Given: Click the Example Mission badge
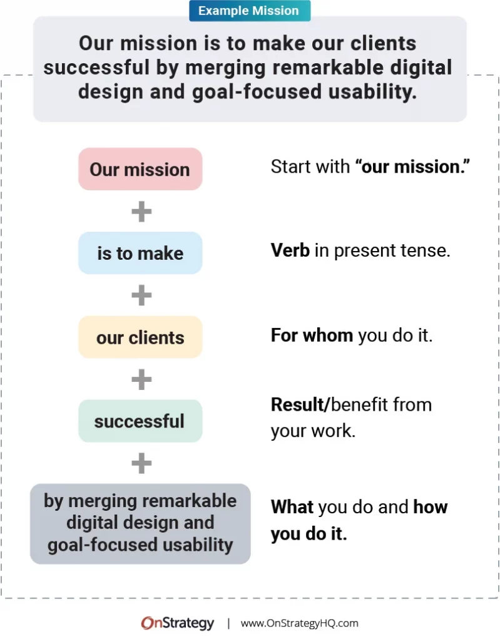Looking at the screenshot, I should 250,11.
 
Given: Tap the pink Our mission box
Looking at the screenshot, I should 140,169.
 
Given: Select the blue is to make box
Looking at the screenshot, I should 140,253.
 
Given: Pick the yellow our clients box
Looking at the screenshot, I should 140,337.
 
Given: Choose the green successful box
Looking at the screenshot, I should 140,421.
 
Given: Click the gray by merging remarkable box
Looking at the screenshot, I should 140,523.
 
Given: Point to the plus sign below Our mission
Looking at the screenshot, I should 141,212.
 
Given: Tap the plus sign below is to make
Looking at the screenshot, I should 141,295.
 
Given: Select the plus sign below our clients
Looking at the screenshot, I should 141,379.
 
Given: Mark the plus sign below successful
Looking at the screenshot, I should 141,463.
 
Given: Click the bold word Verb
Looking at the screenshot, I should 290,250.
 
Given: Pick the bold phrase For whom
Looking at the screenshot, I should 312,335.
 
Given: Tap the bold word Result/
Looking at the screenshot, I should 300,404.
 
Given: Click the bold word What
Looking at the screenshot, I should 291,506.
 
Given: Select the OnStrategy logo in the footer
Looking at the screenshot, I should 178,623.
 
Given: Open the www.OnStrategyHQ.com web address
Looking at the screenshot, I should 299,623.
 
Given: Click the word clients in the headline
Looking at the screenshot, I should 379,44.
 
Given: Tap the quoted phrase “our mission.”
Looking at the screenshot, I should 412,167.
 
